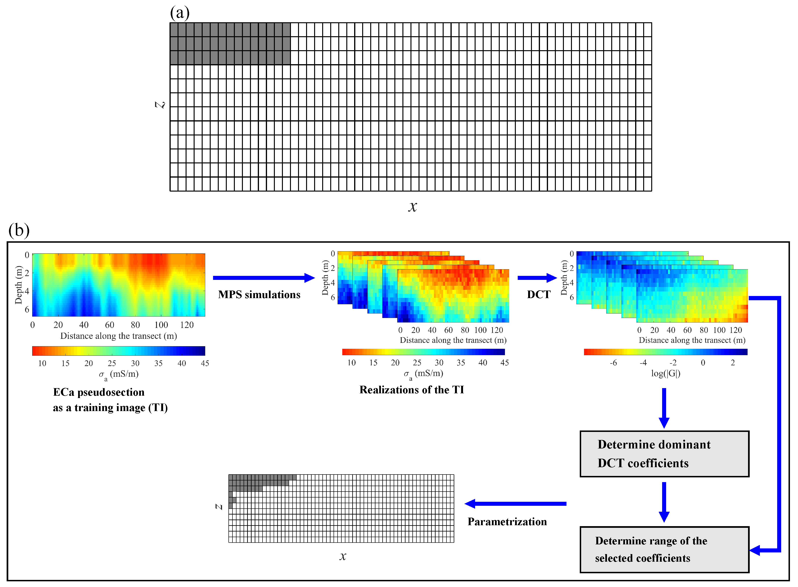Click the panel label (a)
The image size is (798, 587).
point(180,13)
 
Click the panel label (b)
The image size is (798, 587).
point(19,230)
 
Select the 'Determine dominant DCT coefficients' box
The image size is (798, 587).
point(664,454)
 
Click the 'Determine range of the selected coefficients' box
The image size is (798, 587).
point(664,549)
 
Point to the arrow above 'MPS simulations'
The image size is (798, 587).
point(263,278)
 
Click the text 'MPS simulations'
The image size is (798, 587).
point(259,295)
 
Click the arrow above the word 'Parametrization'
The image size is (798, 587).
point(515,503)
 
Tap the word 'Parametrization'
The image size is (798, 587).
point(507,522)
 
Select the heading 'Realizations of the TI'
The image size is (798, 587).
point(412,390)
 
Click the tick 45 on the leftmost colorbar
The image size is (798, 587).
point(205,363)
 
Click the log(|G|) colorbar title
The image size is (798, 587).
point(665,373)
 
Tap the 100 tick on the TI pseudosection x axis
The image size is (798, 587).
point(161,325)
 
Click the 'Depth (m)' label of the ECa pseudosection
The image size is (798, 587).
point(18,285)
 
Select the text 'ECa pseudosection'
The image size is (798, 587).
point(99,392)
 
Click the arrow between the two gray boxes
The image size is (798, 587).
point(664,501)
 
